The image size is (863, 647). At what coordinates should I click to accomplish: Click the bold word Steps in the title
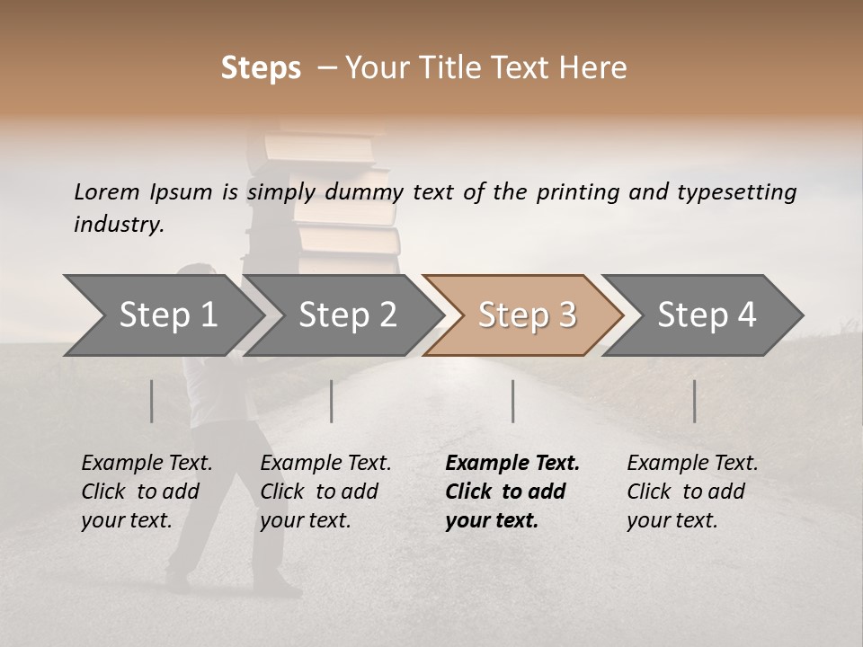coord(261,68)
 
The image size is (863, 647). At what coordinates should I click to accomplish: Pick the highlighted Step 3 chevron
coord(527,315)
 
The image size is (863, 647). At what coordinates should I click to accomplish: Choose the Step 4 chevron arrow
coord(707,315)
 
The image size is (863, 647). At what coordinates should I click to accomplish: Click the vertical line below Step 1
coord(152,401)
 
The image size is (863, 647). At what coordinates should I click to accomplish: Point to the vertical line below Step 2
coord(332,401)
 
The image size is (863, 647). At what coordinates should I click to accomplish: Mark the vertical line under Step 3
coord(513,401)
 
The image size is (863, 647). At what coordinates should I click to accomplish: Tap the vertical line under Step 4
coord(695,401)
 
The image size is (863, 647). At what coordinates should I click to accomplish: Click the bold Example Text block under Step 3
coord(512,492)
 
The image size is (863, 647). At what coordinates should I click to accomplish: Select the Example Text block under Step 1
coord(147,492)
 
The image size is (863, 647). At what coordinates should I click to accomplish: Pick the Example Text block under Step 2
coord(325,492)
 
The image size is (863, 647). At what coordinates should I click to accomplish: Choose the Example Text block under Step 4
coord(692,492)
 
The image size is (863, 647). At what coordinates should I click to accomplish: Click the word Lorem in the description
coord(107,192)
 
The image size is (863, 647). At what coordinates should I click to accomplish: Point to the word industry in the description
coord(119,225)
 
